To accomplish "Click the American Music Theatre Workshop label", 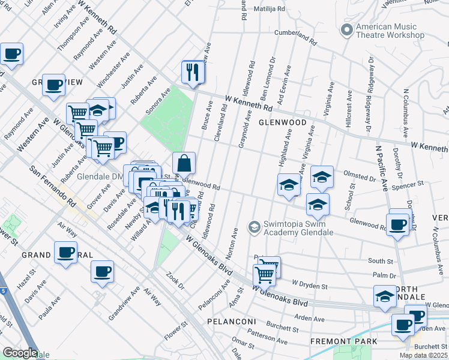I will pos(390,31).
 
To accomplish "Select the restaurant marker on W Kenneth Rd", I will pos(193,73).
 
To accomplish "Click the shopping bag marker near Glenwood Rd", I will pos(184,163).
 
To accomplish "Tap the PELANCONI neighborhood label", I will pos(232,322).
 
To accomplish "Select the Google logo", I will pos(19,352).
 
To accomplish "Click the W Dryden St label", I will pos(309,283).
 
